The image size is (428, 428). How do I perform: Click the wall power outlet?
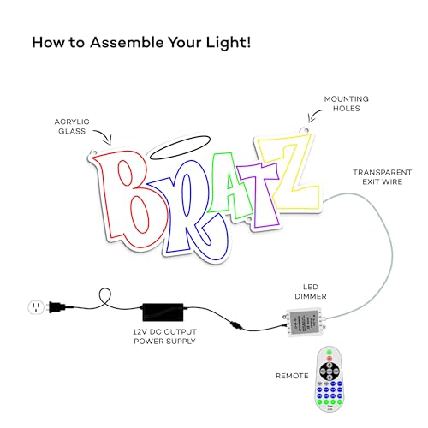coord(36,307)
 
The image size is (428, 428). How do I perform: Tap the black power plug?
coord(57,307)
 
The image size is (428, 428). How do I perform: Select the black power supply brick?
coord(163,312)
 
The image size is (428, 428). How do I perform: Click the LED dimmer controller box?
coord(305,323)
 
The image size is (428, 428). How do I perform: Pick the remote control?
coord(330,379)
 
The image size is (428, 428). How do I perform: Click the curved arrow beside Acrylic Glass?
coord(105,134)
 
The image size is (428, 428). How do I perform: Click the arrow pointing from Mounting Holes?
coord(314,114)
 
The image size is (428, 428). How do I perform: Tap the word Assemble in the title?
coord(127,43)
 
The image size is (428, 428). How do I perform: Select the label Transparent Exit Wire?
coord(383,177)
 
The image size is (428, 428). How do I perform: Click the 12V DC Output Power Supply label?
coord(164,336)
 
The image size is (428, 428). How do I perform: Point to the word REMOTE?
coord(292,376)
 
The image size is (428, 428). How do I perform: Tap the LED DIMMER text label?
coord(311,292)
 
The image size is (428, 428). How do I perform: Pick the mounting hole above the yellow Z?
coord(306,130)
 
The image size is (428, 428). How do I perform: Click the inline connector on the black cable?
coord(236,325)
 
